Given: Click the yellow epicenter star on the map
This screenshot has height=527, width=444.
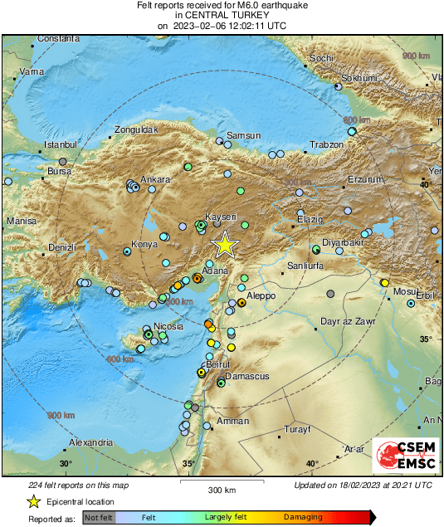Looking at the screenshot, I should (224, 245).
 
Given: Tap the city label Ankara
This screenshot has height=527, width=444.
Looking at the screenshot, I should (155, 179).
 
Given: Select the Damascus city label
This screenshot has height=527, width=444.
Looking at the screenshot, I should (247, 376).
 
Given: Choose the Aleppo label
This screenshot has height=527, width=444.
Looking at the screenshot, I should (261, 295).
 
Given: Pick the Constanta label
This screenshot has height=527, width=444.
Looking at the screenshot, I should (58, 38).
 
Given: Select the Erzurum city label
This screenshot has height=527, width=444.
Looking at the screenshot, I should (366, 179).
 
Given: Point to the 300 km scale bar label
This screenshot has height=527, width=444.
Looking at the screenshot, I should (222, 490).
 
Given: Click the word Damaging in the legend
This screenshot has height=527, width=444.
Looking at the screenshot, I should (305, 516).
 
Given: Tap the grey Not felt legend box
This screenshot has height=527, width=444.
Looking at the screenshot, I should (99, 516).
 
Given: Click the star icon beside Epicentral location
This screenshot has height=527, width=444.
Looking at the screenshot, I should (33, 501).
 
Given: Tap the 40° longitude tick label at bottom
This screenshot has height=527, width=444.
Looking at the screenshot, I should (311, 463).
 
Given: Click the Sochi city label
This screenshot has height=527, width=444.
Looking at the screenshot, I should (321, 58).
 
